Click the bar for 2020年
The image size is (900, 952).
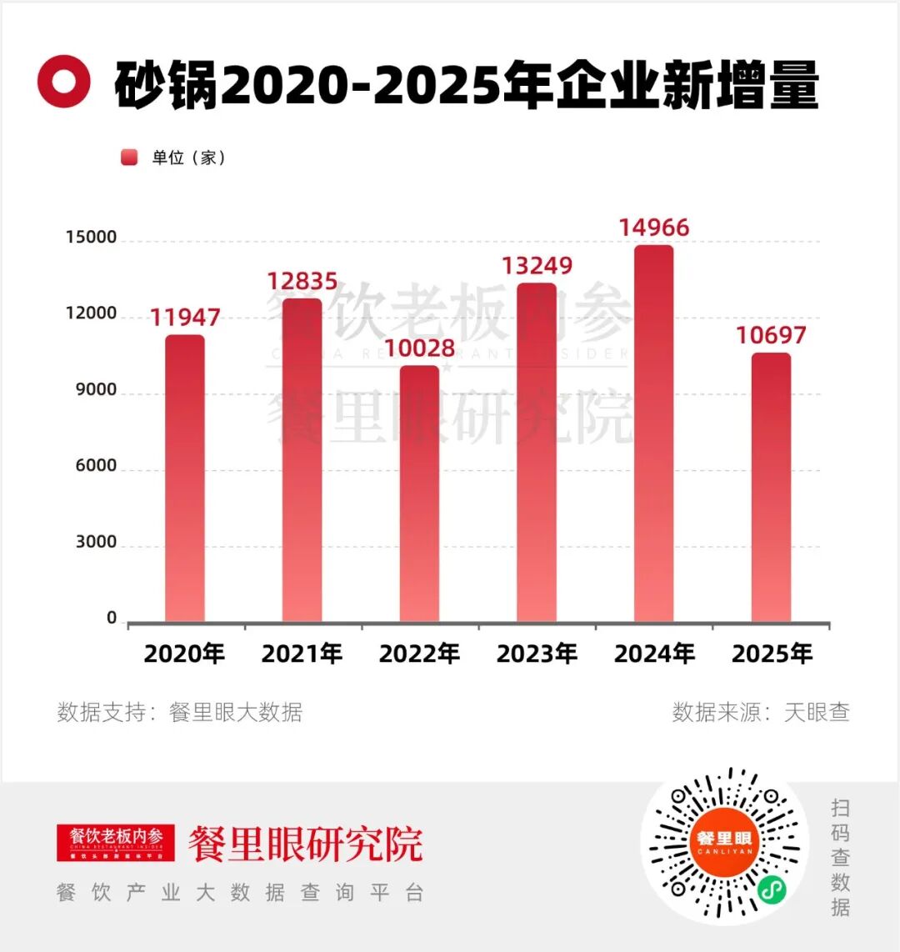[x=184, y=479]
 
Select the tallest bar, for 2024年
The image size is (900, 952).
[x=654, y=433]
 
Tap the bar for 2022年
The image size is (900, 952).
[x=419, y=494]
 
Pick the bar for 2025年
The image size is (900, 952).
[x=771, y=488]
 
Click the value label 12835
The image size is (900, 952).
[x=302, y=282]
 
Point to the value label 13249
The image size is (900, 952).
[x=537, y=266]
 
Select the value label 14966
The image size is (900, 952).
[x=654, y=228]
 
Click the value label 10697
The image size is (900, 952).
[x=771, y=336]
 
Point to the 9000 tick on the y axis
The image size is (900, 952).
[x=92, y=390]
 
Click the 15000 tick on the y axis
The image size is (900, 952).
[x=92, y=238]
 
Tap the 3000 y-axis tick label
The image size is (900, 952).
[x=96, y=543]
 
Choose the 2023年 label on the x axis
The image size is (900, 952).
[x=537, y=654]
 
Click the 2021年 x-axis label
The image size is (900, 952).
[x=302, y=654]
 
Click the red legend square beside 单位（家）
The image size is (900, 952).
[x=129, y=158]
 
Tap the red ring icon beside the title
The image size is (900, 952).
[x=63, y=82]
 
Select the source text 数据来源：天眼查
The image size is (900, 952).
[x=760, y=713]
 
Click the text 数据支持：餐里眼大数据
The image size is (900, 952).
[x=179, y=713]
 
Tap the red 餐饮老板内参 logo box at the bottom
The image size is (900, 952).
[x=116, y=842]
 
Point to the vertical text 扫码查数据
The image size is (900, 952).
[x=840, y=857]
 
